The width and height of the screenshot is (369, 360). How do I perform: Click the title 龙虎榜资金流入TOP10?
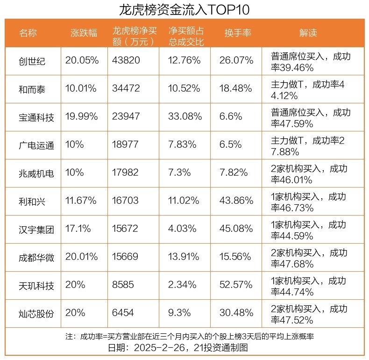pos(184,9)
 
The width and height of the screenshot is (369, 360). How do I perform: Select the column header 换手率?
pos(238,33)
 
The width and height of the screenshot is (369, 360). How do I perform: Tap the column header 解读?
pos(308,33)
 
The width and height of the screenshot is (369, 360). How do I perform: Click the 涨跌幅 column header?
pos(84,33)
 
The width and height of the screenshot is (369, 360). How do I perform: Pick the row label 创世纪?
pos(32,61)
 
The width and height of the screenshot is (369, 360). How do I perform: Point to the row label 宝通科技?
pos(36,117)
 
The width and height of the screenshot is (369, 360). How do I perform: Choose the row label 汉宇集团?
pos(36,230)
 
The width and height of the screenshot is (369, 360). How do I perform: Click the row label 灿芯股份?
pos(36,313)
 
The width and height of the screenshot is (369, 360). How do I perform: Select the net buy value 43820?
pos(126,60)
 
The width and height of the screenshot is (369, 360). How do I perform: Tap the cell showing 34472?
pos(126,88)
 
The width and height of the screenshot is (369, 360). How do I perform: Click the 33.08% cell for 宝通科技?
pos(184,116)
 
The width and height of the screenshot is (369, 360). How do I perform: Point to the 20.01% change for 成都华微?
pos(82,257)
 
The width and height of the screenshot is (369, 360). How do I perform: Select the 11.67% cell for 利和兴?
pos(81,201)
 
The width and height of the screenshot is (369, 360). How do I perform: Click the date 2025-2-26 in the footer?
pos(163,348)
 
